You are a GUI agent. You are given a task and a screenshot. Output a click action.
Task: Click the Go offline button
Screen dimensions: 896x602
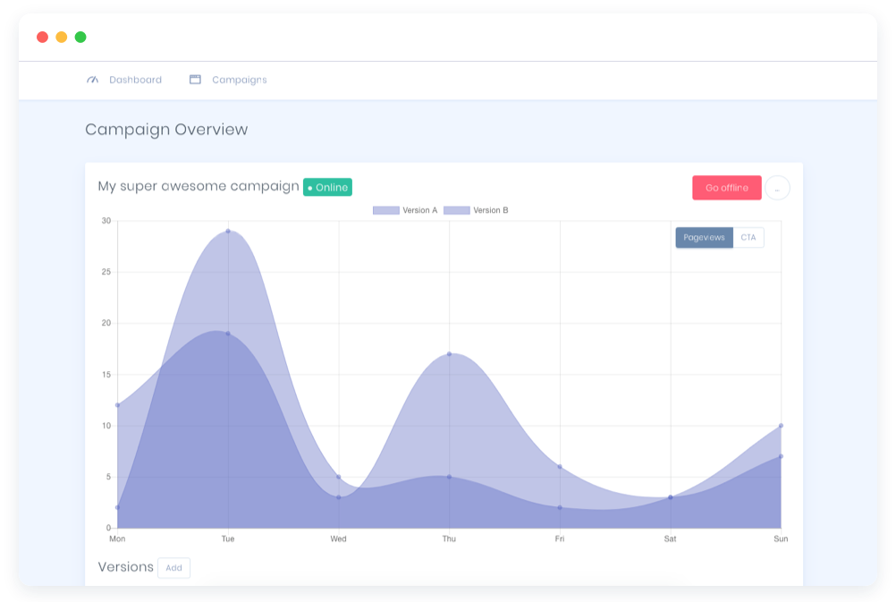click(726, 188)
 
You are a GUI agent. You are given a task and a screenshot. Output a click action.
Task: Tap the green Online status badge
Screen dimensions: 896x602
click(327, 187)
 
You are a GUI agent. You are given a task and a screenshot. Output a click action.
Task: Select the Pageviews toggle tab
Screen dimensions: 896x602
click(704, 237)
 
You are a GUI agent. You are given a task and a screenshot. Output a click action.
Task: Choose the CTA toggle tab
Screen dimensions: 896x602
click(748, 237)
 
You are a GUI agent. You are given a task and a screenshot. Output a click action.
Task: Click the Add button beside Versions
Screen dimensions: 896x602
click(173, 568)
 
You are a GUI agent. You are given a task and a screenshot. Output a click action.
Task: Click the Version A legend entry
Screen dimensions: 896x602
click(405, 210)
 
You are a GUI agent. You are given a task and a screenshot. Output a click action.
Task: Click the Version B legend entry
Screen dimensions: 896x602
click(476, 210)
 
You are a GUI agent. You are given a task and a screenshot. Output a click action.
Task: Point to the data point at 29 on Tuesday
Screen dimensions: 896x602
click(228, 232)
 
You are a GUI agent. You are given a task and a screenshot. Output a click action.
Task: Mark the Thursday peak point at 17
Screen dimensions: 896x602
click(449, 354)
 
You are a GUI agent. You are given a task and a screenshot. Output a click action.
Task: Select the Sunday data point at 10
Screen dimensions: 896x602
click(781, 426)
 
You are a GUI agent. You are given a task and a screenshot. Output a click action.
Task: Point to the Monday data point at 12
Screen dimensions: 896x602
click(118, 405)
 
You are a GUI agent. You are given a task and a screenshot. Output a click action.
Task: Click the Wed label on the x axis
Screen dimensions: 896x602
click(338, 538)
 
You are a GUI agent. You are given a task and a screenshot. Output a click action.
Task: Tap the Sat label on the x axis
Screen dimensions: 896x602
click(671, 538)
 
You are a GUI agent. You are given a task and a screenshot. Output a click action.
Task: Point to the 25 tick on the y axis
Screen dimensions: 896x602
click(106, 272)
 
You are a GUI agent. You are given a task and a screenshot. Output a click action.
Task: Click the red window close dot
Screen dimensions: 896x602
click(42, 38)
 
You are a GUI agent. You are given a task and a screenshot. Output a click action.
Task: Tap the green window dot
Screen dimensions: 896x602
click(80, 38)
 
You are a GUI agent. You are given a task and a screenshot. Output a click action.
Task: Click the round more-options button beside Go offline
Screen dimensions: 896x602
click(777, 188)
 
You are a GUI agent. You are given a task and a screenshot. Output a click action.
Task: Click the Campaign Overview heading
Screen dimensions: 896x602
click(166, 130)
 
